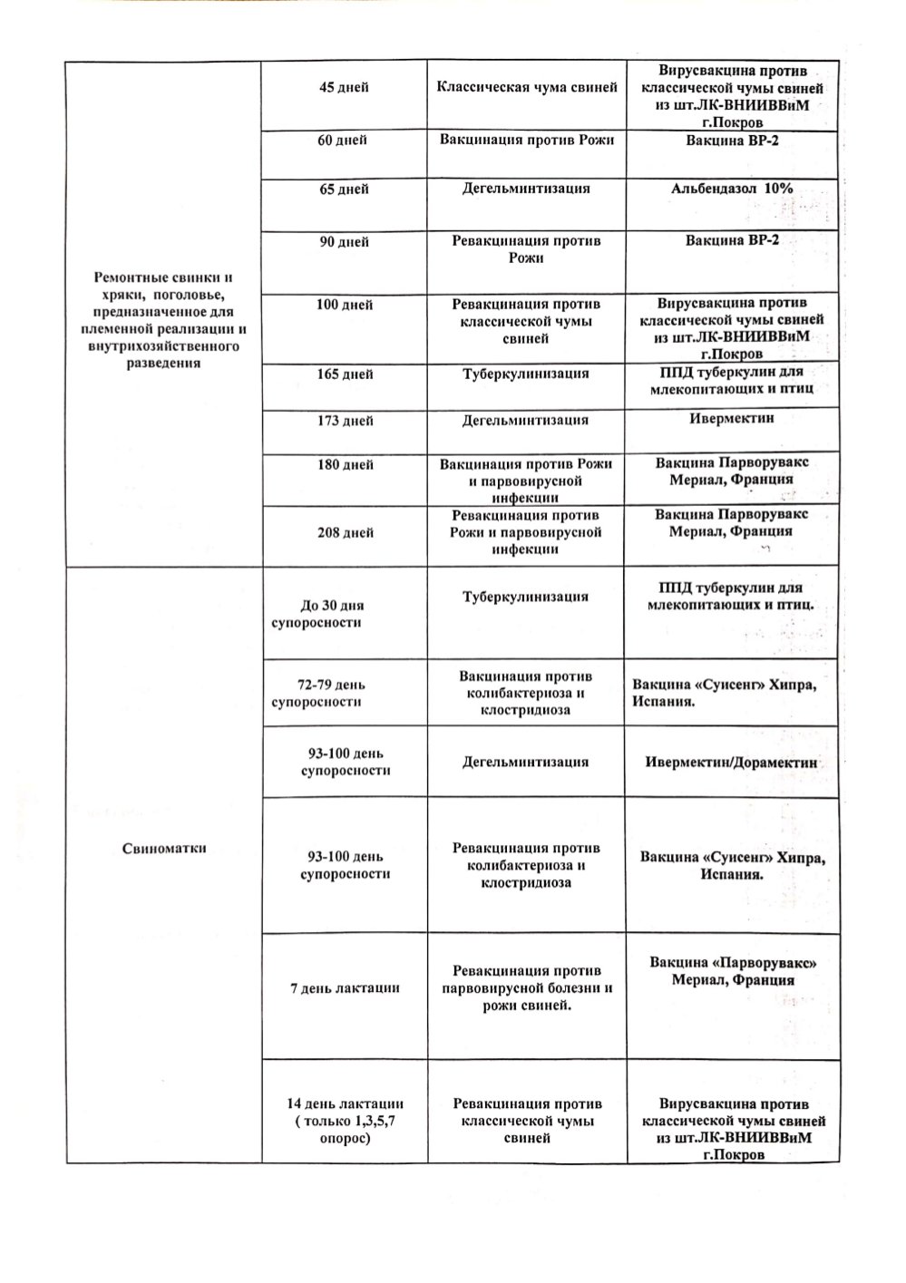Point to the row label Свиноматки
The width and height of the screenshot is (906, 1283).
click(x=163, y=849)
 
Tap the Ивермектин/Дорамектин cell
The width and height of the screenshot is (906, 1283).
click(x=732, y=763)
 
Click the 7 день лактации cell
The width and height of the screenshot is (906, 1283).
click(x=344, y=988)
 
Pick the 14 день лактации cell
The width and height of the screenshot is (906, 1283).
click(x=344, y=1121)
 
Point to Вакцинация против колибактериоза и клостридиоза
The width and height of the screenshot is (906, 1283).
click(x=526, y=693)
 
